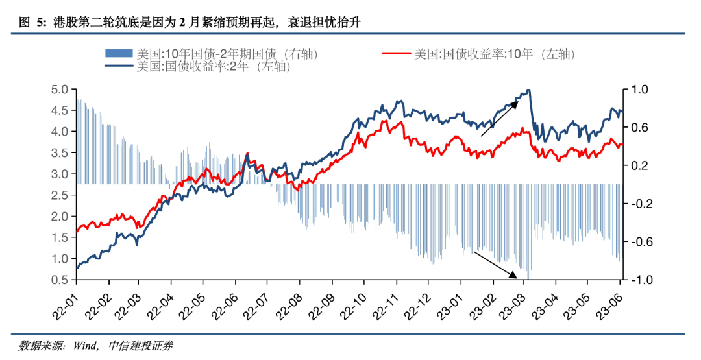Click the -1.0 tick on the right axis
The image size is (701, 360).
tap(637, 280)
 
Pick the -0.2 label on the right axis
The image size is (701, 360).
tap(637, 204)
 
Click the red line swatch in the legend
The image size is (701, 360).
tap(397, 53)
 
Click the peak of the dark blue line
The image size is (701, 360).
tap(528, 90)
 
